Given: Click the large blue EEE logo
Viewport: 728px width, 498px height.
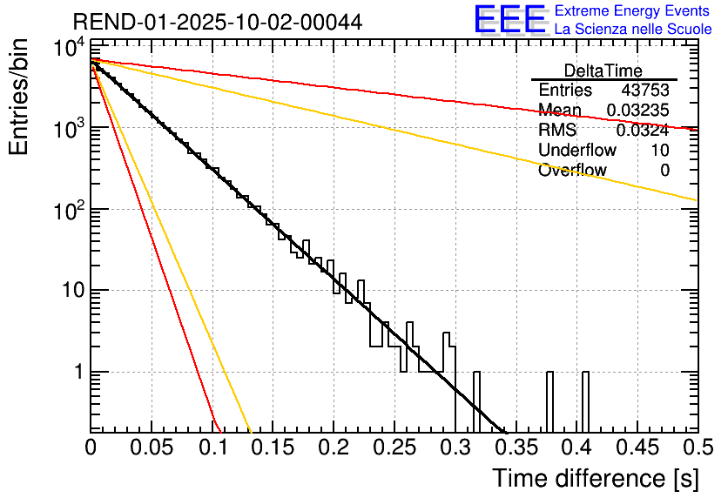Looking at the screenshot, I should (509, 20).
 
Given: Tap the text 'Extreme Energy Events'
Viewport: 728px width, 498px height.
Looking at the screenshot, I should (632, 11).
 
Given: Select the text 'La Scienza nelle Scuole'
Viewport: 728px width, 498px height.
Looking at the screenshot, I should (633, 29).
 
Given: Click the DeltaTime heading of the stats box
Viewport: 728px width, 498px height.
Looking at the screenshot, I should (603, 71).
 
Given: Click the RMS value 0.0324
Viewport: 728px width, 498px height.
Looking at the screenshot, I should (643, 131).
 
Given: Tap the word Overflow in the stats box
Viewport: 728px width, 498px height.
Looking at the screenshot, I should (572, 171).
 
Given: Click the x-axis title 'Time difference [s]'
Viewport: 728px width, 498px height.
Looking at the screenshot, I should (595, 478).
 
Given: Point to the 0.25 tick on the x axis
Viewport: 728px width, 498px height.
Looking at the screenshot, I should (394, 447).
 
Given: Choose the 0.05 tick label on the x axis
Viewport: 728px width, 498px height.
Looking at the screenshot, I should (151, 447).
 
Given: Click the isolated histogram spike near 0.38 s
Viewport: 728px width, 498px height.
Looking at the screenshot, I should (549, 400).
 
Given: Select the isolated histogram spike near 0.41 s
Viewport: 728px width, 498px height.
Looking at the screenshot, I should (585, 400).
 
